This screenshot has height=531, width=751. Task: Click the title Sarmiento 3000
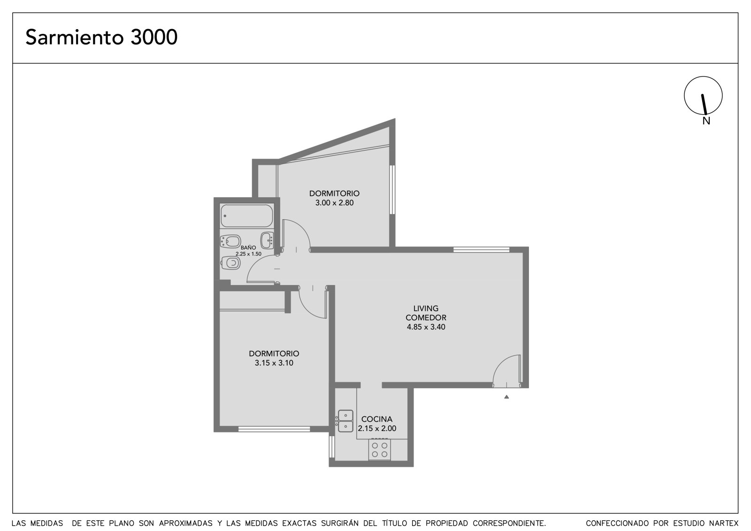[x=101, y=37]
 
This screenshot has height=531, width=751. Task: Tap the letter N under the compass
[x=706, y=121]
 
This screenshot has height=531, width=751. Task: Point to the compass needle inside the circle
[x=704, y=104]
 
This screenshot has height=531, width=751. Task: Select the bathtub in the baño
[x=247, y=215]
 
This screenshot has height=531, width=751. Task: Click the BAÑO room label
[x=248, y=247]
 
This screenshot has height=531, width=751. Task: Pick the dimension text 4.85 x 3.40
[x=426, y=327]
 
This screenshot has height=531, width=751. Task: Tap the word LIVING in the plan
[x=426, y=308]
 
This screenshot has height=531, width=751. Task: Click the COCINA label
[x=377, y=419]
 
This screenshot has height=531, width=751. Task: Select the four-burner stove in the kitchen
[x=380, y=450]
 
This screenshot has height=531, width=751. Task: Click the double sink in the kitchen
[x=345, y=421]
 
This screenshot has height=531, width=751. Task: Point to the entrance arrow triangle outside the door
[x=506, y=397]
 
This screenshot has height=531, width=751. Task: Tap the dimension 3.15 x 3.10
[x=274, y=362]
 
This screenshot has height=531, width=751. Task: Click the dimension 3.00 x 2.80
[x=334, y=203]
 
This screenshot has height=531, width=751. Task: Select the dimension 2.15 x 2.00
[x=377, y=428]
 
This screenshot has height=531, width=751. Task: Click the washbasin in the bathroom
[x=267, y=240]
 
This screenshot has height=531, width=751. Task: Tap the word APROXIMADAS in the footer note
[x=186, y=523]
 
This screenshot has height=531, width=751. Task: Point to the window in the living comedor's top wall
[x=482, y=250]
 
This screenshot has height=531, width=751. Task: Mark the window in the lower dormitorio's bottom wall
[x=274, y=429]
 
